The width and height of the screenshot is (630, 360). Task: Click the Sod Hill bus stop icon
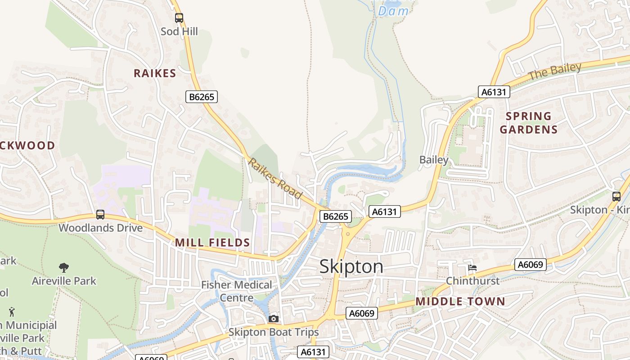179,18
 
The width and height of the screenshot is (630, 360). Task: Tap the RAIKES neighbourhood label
155,73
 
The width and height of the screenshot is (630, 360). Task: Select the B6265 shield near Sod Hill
202,96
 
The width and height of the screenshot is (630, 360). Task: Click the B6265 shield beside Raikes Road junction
336,216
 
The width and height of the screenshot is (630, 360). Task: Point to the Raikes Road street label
275,179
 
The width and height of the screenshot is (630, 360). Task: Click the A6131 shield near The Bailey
494,92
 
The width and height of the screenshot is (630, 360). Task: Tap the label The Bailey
554,72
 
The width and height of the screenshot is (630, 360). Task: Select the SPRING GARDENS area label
529,123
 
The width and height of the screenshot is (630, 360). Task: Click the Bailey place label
434,160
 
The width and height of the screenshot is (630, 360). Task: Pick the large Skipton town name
351,267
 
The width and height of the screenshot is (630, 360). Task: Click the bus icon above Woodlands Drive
100,215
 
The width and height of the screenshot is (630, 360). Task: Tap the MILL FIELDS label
212,243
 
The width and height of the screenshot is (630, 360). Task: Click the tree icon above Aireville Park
64,268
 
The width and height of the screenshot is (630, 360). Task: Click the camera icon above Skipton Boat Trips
273,319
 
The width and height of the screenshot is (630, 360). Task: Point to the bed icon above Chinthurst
472,268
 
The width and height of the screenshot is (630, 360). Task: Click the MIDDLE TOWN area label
460,301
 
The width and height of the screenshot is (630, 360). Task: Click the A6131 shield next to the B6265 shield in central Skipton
385,211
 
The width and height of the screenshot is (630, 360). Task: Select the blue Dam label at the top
393,11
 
